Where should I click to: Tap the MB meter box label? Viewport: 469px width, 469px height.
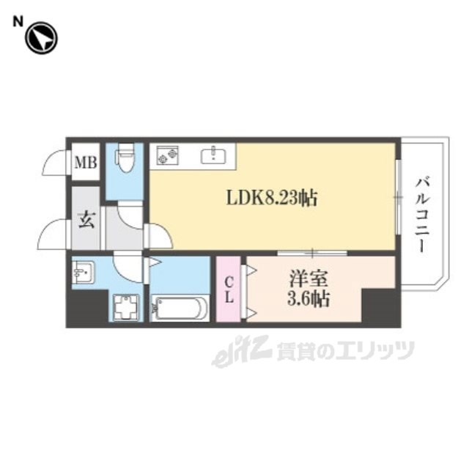(x=87, y=163)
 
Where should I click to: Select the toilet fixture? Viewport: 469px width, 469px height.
(x=126, y=158)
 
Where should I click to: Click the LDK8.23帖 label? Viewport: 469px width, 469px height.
(x=271, y=198)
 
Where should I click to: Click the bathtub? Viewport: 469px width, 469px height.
(x=180, y=307)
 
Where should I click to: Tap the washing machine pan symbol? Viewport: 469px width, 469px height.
(x=125, y=306)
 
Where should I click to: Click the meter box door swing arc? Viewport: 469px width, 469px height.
(x=56, y=162)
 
